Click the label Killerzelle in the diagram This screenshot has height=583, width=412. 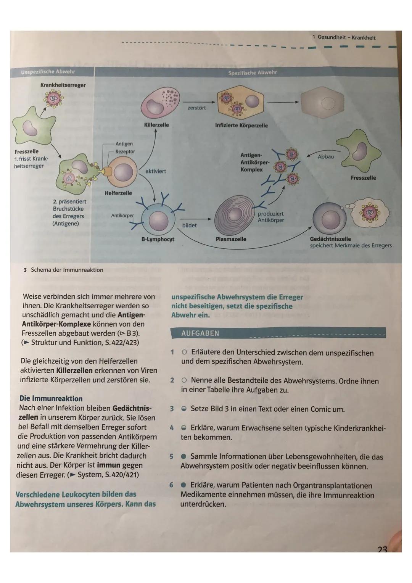click(x=156, y=125)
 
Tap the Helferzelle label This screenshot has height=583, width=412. click(x=118, y=193)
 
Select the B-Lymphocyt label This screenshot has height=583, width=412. click(x=158, y=239)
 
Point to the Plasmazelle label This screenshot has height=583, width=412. click(x=231, y=239)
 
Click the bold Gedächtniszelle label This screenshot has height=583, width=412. click(x=330, y=239)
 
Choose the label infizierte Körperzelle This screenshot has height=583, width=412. click(x=241, y=125)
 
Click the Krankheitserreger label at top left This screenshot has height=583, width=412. click(x=63, y=85)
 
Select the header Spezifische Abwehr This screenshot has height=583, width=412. click(x=252, y=72)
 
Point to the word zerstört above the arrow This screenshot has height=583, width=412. click(x=197, y=108)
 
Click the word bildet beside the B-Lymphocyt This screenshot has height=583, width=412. click(x=190, y=225)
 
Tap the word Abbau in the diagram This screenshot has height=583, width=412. click(x=325, y=157)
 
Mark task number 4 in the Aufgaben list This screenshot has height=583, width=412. click(x=172, y=428)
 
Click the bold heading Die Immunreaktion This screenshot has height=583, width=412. click(x=51, y=399)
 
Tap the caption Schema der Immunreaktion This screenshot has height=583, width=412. click(x=67, y=270)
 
